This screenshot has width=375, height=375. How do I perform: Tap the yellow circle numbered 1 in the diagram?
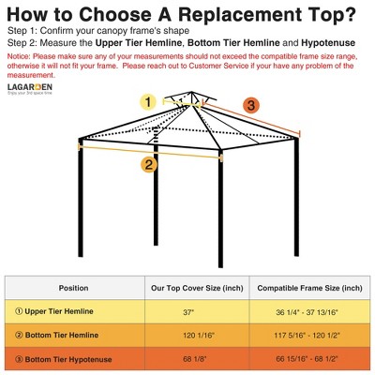pos(146,101)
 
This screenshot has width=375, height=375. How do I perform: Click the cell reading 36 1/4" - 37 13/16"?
pos(309,311)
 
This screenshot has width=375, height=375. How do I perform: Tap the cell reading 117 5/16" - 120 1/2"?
pos(309,336)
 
